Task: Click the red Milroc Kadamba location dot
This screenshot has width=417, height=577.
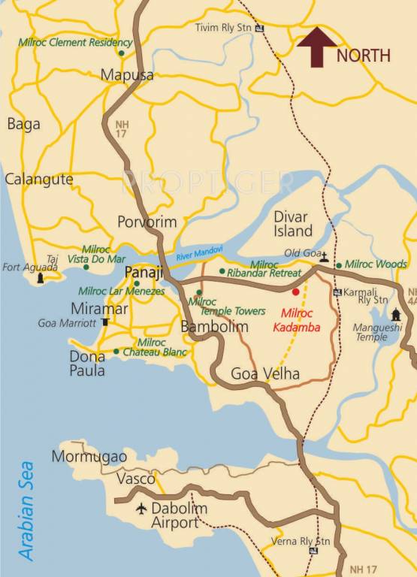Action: pyautogui.click(x=295, y=292)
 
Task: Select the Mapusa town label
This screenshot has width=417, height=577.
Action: pyautogui.click(x=127, y=75)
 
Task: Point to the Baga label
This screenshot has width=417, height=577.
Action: pyautogui.click(x=23, y=125)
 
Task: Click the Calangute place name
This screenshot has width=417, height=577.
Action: pyautogui.click(x=39, y=180)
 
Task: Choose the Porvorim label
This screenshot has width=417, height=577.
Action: pyautogui.click(x=147, y=222)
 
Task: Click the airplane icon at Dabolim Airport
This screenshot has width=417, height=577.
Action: pyautogui.click(x=141, y=509)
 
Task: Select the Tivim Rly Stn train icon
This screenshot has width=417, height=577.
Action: pyautogui.click(x=260, y=29)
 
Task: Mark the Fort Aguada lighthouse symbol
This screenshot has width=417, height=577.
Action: pyautogui.click(x=41, y=277)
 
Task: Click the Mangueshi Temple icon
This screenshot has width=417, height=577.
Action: pyautogui.click(x=396, y=313)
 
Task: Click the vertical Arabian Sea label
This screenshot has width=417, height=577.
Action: pyautogui.click(x=27, y=510)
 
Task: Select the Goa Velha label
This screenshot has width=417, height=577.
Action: pyautogui.click(x=264, y=374)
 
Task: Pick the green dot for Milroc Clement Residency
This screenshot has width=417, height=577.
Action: pyautogui.click(x=120, y=53)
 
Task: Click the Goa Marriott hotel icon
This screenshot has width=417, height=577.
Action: pyautogui.click(x=105, y=322)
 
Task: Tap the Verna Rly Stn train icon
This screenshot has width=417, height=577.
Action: pyautogui.click(x=313, y=551)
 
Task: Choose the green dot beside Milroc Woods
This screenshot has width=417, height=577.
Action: pyautogui.click(x=339, y=265)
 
